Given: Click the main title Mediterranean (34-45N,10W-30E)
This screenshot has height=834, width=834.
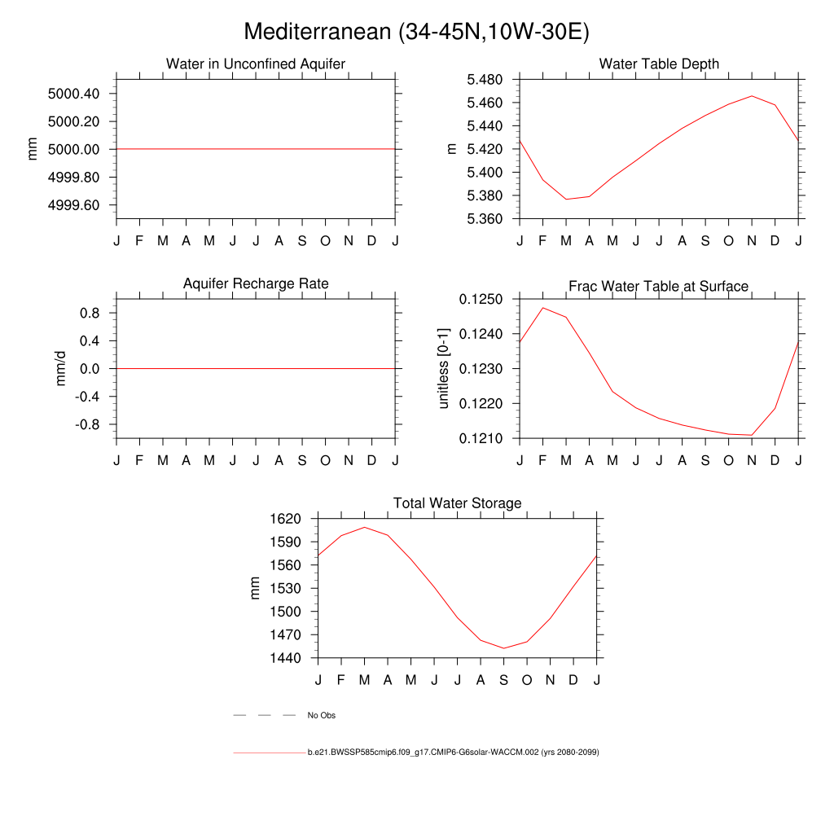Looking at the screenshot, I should pos(416,32).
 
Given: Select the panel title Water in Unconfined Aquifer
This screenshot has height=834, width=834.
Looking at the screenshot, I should pos(256,64).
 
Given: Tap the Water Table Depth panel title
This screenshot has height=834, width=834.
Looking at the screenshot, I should pos(659,64).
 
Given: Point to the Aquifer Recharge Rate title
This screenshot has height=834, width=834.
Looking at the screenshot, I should pos(256,283).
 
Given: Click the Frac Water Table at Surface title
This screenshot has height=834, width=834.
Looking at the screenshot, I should pos(658,286).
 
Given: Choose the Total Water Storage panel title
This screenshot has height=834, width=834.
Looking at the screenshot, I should pos(457,503).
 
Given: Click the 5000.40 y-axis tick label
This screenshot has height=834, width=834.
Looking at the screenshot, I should pos(74,94).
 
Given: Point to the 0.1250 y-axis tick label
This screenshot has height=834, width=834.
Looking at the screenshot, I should pos(481,300).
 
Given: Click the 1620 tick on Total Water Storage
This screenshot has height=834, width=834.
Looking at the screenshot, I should pos(286,519).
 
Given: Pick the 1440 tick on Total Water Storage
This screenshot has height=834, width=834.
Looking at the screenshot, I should pos(286,658).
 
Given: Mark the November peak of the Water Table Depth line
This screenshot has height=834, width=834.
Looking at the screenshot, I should pos(752,96).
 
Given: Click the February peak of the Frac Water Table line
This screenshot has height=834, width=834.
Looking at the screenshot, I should pos(543,308).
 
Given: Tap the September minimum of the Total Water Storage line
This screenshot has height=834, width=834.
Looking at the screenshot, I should pos(503,648).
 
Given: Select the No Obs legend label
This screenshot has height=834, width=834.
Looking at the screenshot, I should pos(321,716).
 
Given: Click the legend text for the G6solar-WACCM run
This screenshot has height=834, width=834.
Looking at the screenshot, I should pos(453,753).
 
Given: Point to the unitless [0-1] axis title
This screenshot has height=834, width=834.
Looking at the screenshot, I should pos(444,369).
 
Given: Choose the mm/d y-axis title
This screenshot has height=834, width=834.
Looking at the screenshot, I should pos(61,369).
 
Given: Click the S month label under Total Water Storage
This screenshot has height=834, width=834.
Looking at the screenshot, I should pos(503,679).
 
